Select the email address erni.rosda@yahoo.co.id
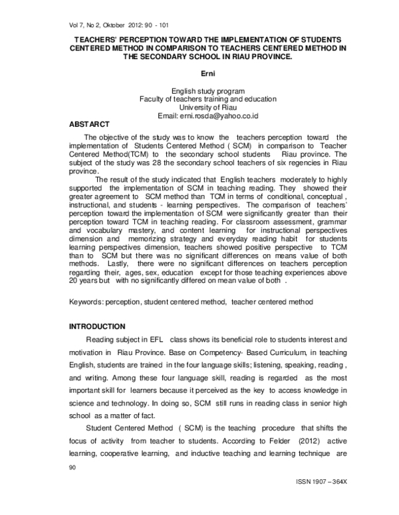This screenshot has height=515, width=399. pyautogui.click(x=230, y=115)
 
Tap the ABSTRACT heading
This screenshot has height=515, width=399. pyautogui.click(x=90, y=124)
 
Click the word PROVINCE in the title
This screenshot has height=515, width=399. pyautogui.click(x=267, y=57)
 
